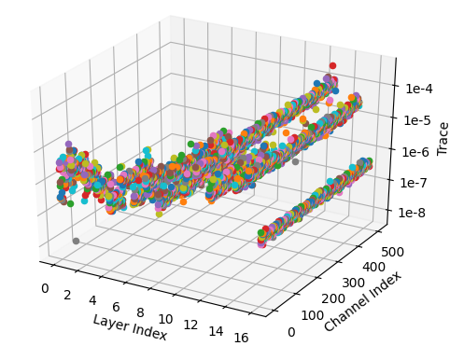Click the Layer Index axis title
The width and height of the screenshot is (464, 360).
(130, 326)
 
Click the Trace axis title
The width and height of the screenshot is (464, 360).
(443, 136)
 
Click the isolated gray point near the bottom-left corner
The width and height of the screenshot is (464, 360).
(76, 241)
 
